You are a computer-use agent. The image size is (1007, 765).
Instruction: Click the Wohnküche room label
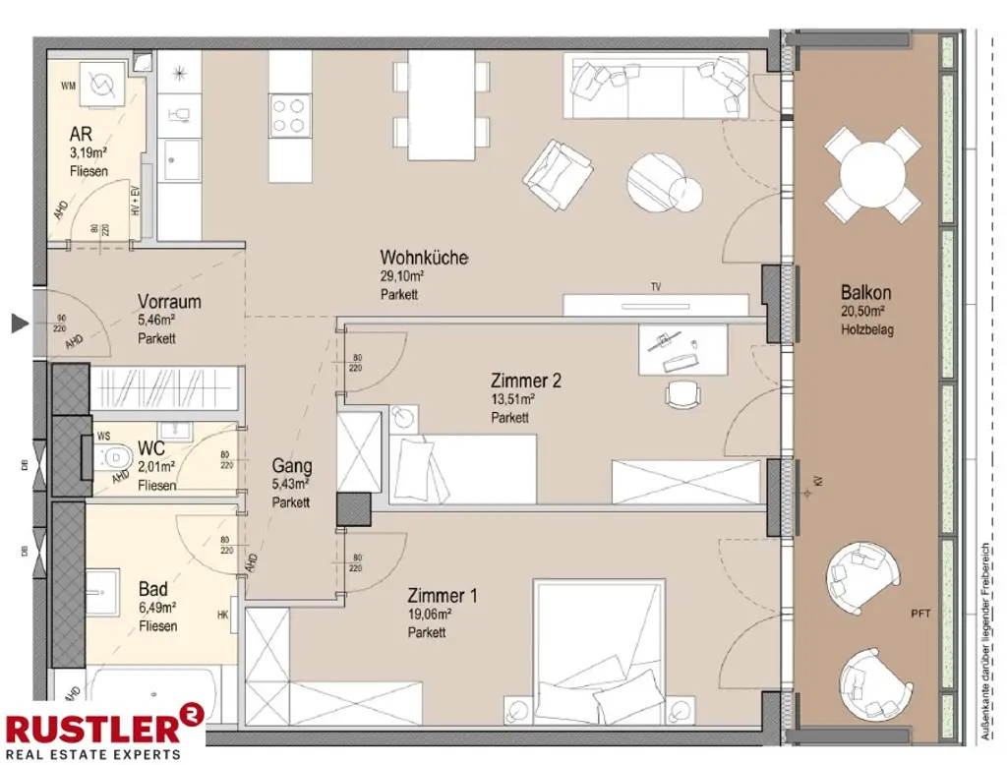tap(424, 259)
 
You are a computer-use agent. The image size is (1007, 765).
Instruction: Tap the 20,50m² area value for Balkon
tap(862, 312)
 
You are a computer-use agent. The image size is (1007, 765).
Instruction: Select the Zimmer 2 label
tap(525, 381)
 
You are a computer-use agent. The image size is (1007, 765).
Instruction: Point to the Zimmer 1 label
tap(442, 596)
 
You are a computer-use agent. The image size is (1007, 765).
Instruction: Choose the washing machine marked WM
tap(101, 86)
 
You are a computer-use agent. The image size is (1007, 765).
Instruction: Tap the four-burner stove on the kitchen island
tap(289, 113)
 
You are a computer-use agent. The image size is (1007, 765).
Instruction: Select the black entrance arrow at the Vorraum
tap(18, 323)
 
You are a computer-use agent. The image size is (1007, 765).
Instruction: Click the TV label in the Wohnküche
tap(655, 287)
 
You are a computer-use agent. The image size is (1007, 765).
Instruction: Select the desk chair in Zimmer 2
tap(681, 393)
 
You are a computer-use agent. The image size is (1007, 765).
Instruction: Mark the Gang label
tap(292, 466)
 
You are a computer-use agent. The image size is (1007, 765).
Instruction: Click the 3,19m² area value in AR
tap(88, 153)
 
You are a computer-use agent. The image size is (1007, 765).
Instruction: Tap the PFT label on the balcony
tap(919, 614)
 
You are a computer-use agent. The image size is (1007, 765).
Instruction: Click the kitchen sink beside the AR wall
tap(180, 159)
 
